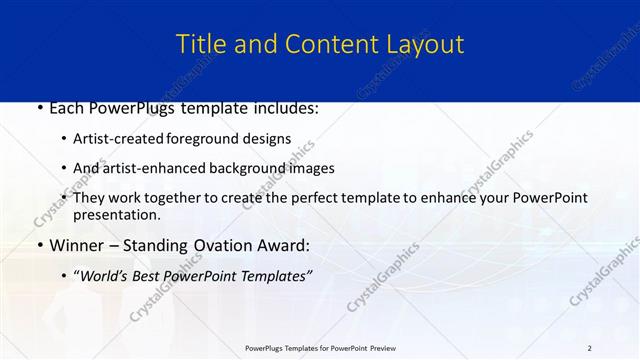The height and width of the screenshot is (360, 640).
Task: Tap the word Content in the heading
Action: tap(326, 45)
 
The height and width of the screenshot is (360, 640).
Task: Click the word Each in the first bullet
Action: tap(68, 108)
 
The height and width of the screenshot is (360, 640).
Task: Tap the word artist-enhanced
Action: tap(153, 169)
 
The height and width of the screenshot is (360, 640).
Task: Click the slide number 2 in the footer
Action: tap(589, 347)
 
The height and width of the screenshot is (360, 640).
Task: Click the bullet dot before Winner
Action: tap(39, 246)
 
